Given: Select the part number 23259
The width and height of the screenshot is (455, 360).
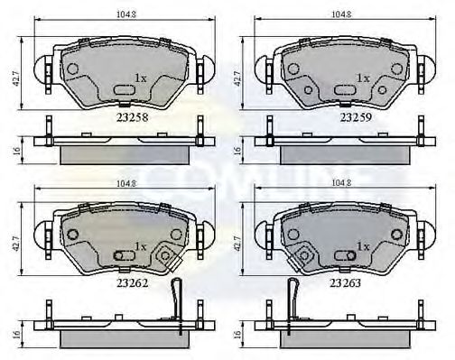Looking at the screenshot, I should [353, 116].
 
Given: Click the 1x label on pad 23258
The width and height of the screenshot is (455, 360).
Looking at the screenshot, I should [140, 78].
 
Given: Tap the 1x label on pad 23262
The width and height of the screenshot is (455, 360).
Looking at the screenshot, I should [140, 245].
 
